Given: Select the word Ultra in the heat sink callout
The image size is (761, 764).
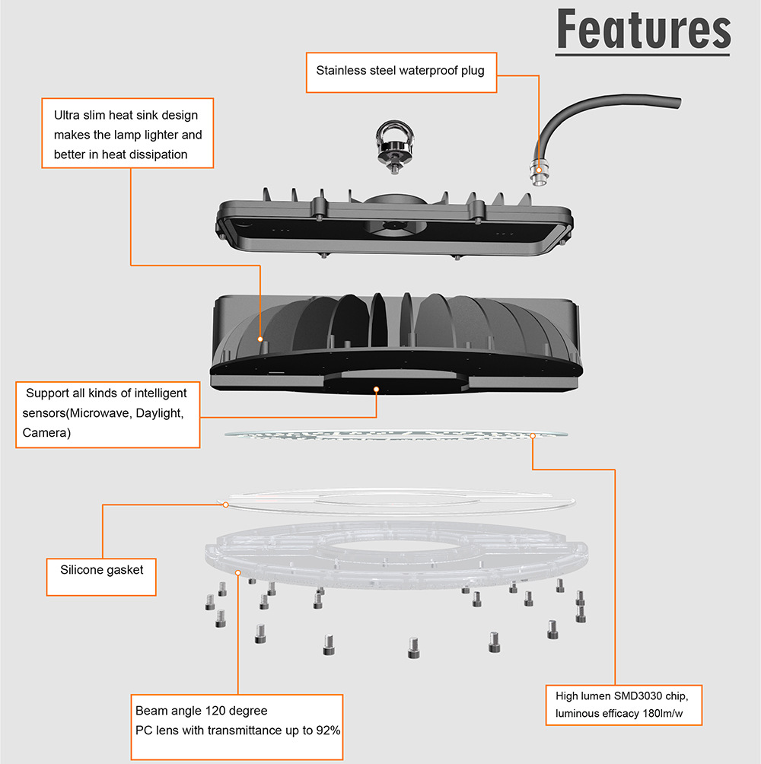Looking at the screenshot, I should point(68,116).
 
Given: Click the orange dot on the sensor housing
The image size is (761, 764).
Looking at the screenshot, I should point(376,388).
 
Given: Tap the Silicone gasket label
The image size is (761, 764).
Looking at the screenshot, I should point(101,569).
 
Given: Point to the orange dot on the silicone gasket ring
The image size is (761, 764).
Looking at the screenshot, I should point(226,503).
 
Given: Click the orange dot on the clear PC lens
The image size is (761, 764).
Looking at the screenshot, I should point(238,572).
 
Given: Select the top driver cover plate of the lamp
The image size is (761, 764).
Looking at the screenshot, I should point(396,228).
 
